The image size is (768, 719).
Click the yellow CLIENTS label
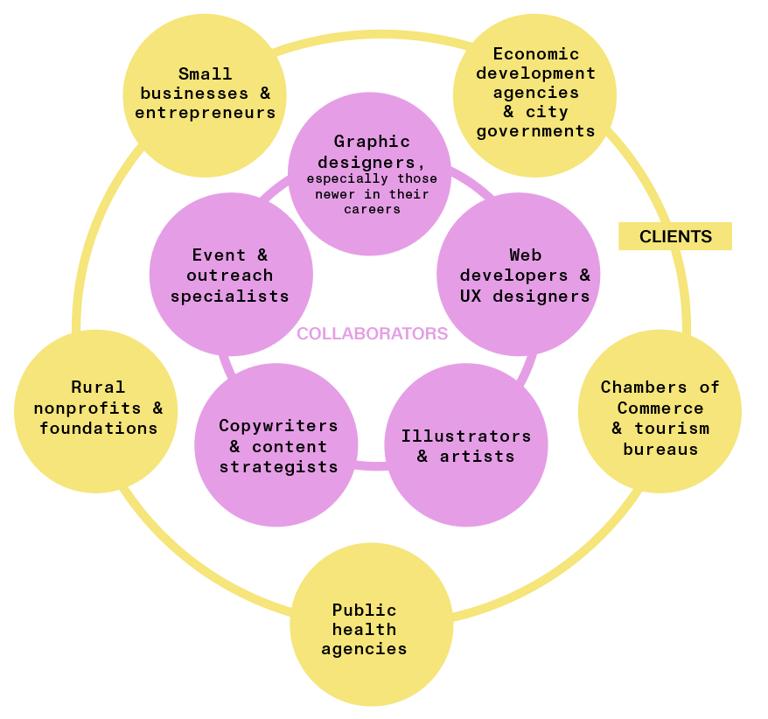click(x=675, y=236)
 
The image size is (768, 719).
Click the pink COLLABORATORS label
click(x=372, y=333)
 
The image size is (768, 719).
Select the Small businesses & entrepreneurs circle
click(x=205, y=94)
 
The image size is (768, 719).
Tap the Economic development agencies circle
click(x=534, y=94)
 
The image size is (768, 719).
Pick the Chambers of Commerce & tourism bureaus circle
click(x=660, y=411)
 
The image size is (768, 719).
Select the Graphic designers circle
click(x=370, y=175)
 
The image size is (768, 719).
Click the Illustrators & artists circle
click(x=466, y=445)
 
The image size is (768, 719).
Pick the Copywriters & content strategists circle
click(x=276, y=445)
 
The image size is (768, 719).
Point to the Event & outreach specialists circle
click(x=231, y=274)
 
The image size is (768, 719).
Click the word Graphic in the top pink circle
click(x=372, y=142)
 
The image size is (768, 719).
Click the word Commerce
click(x=660, y=408)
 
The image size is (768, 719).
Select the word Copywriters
click(x=278, y=426)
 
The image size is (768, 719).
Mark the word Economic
click(x=535, y=54)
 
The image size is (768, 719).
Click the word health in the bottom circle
click(x=364, y=629)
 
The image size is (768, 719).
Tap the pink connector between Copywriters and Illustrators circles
click(x=371, y=464)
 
